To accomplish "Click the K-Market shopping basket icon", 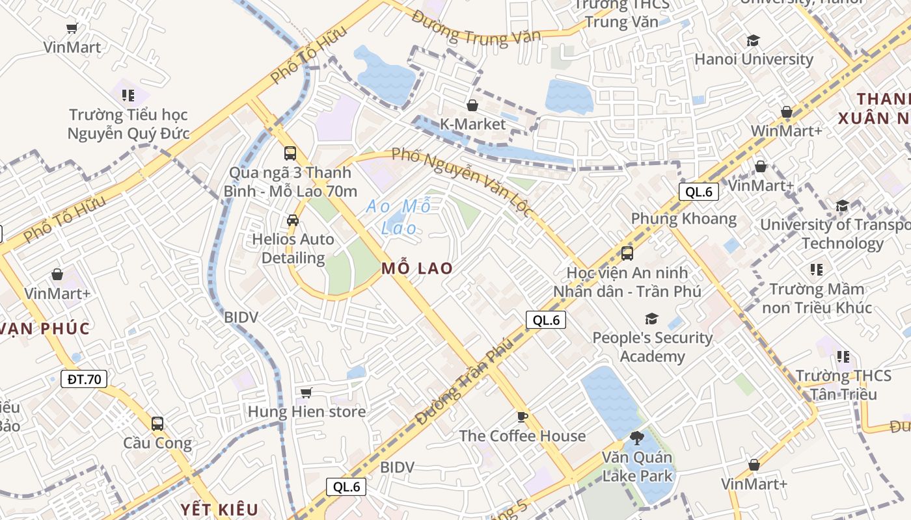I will [472, 105].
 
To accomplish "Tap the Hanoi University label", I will [754, 59].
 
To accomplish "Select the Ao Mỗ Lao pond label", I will [399, 217].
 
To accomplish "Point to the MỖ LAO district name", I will [417, 268].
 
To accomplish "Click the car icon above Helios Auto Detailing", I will [293, 220].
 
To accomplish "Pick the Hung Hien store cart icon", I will [306, 393].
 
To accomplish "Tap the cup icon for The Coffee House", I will [522, 417].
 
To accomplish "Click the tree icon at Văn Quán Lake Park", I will [636, 438].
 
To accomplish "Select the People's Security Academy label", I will [653, 346].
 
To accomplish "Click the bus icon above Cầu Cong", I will [157, 424].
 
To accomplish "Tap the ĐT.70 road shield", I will [85, 379].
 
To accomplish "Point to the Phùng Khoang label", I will [684, 218].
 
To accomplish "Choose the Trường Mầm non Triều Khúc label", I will [817, 298].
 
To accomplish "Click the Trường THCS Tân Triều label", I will [843, 385].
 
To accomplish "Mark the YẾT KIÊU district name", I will [219, 509].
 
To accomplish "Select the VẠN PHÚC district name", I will [45, 328].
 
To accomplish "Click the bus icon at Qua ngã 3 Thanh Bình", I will [290, 154].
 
